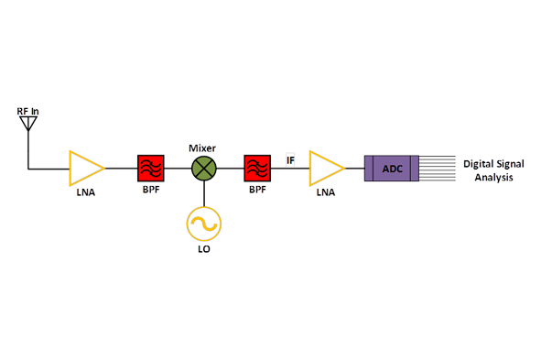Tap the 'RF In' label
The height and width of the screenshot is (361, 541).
coord(28,112)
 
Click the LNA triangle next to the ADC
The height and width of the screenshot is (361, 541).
coord(325,169)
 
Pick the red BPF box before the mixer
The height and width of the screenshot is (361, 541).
coord(150,169)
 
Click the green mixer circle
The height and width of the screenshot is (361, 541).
coord(203,169)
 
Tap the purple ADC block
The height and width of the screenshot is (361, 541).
coord(391,169)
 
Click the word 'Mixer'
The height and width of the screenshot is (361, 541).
coord(202,147)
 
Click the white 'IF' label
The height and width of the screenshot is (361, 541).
coord(290,160)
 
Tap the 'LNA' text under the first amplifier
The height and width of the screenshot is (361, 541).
coord(86,194)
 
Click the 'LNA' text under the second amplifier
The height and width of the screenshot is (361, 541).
coord(326,194)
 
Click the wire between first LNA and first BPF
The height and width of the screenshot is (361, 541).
coord(121,169)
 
